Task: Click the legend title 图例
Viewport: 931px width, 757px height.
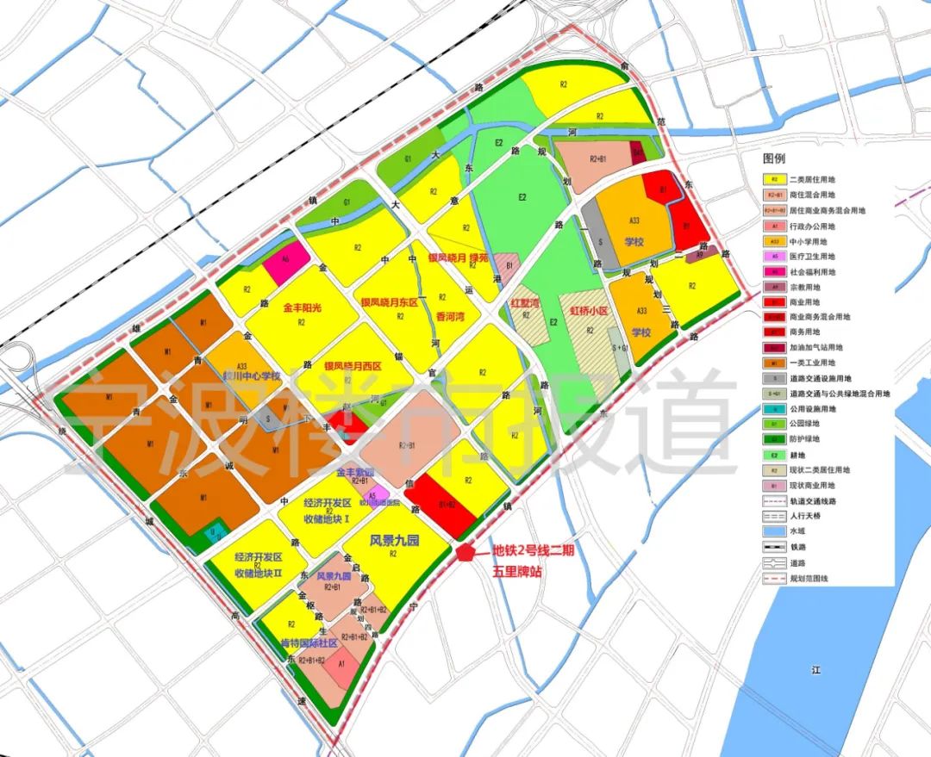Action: pyautogui.click(x=773, y=159)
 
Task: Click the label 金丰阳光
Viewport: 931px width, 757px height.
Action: pyautogui.click(x=301, y=307)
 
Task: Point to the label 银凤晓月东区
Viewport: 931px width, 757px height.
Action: pyautogui.click(x=388, y=302)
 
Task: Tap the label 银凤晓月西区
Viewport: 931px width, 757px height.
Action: pyautogui.click(x=352, y=366)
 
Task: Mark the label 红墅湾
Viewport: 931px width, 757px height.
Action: pyautogui.click(x=524, y=304)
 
